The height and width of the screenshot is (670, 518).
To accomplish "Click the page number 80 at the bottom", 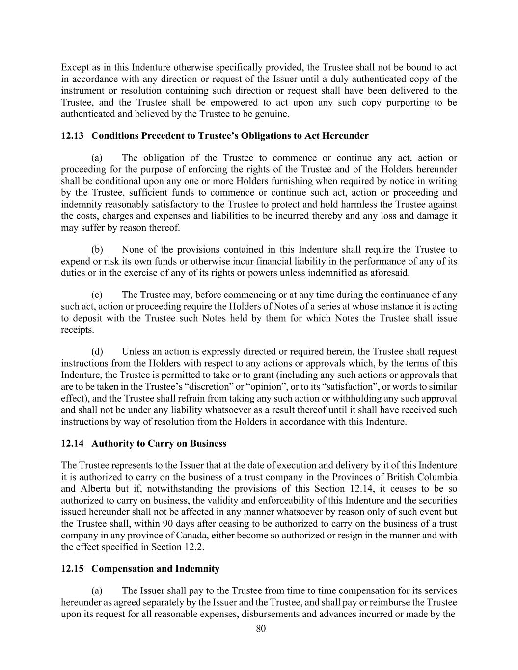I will pos(261,629).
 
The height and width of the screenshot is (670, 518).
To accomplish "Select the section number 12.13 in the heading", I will pos(72,136).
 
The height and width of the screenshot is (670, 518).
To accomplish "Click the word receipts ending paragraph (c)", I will pos(77,330).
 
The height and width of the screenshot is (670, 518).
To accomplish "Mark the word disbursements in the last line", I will pos(267,614).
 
